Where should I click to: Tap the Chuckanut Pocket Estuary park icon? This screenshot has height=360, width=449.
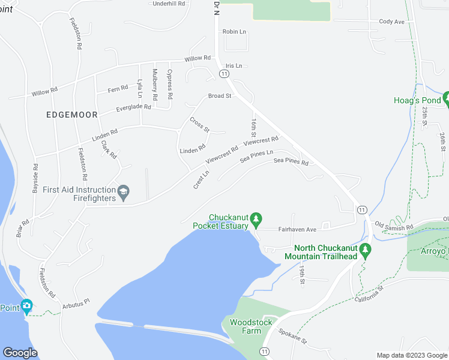pyautogui.click(x=256, y=220)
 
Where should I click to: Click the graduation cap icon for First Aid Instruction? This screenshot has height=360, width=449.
pyautogui.click(x=124, y=192)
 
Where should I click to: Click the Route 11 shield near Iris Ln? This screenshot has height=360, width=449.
pyautogui.click(x=223, y=73)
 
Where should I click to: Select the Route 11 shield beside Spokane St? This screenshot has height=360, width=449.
pyautogui.click(x=265, y=351)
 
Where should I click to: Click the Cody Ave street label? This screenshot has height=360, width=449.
pyautogui.click(x=391, y=22)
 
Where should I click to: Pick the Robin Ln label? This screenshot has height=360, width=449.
pyautogui.click(x=234, y=31)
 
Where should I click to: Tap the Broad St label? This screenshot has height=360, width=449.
pyautogui.click(x=220, y=96)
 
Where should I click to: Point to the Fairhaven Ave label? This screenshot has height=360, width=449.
pyautogui.click(x=297, y=229)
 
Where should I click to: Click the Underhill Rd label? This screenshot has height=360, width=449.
pyautogui.click(x=169, y=4)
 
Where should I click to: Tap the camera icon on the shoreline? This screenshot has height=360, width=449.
pyautogui.click(x=26, y=307)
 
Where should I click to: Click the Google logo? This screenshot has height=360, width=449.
pyautogui.click(x=20, y=353)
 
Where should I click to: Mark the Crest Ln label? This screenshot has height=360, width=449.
pyautogui.click(x=201, y=180)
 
